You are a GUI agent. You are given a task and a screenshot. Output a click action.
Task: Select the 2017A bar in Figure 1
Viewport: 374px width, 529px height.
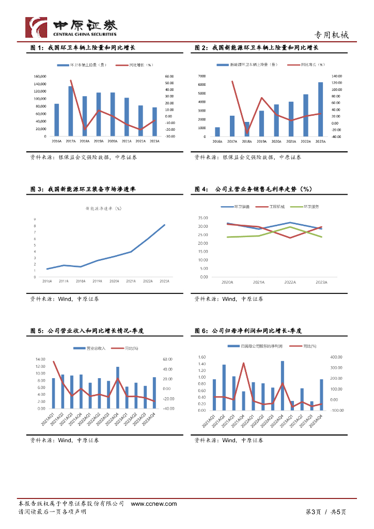pyautogui.click(x=70, y=111)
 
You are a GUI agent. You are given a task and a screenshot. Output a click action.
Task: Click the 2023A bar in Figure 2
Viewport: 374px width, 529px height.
pyautogui.click(x=320, y=109)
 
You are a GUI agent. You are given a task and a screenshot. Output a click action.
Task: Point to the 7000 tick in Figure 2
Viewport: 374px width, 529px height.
pyautogui.click(x=202, y=76)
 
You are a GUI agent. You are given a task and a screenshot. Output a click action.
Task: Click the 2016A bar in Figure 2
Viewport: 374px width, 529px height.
pyautogui.click(x=217, y=132)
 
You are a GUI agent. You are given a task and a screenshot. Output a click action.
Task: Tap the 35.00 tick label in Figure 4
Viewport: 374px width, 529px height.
pyautogui.click(x=203, y=218)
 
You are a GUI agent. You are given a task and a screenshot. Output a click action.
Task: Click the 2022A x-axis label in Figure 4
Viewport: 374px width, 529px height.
pyautogui.click(x=290, y=282)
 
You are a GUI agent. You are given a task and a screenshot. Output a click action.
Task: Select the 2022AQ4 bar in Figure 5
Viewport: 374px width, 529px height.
pyautogui.click(x=118, y=387)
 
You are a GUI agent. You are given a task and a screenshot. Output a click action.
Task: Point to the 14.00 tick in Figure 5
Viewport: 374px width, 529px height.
pyautogui.click(x=40, y=359)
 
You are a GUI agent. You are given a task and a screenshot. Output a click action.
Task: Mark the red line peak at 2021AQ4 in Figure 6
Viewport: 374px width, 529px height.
pyautogui.click(x=243, y=363)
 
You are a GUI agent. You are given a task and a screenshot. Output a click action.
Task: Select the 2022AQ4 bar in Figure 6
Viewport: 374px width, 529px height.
pyautogui.click(x=283, y=386)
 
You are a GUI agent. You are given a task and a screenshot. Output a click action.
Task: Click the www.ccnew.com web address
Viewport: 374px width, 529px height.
pyautogui.click(x=153, y=504)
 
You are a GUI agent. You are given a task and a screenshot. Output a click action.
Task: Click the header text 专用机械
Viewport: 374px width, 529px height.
pyautogui.click(x=332, y=35)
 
